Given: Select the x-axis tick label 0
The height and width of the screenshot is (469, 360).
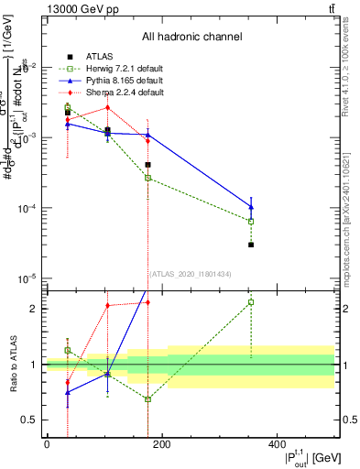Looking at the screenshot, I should [46, 444].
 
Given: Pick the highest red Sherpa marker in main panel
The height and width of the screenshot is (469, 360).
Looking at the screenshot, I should [107, 107].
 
